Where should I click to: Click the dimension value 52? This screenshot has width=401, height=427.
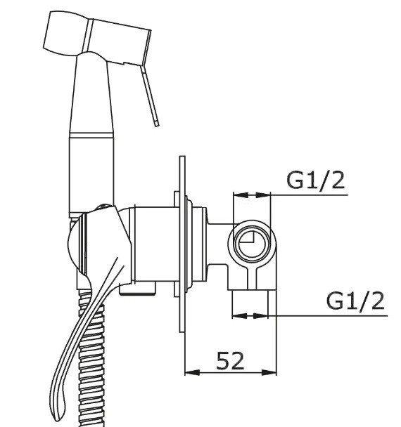(230, 360)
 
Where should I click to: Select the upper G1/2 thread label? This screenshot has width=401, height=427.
(316, 180)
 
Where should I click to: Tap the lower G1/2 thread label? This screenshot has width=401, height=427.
(355, 301)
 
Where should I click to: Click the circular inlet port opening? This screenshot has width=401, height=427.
(252, 242)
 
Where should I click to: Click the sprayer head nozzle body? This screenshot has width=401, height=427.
(97, 38)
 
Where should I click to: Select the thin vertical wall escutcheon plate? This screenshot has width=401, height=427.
(182, 244)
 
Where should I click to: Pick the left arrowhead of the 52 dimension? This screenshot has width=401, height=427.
(192, 372)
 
